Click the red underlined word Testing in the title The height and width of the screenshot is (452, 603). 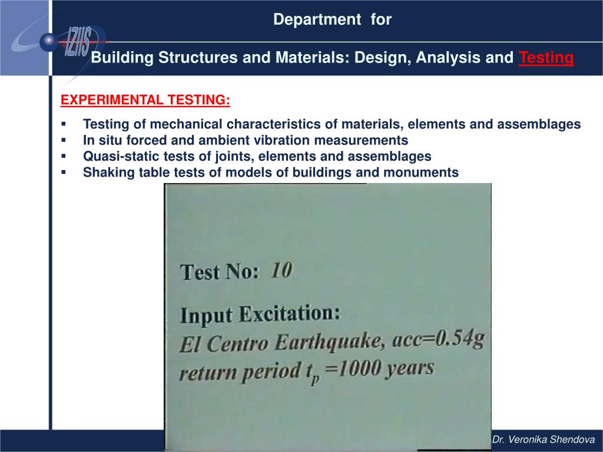pyautogui.click(x=546, y=58)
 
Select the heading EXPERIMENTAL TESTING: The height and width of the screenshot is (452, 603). pyautogui.click(x=145, y=100)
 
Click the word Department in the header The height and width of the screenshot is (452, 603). pyautogui.click(x=317, y=20)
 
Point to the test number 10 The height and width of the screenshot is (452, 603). pyautogui.click(x=281, y=270)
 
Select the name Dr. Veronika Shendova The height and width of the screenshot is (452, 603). pyautogui.click(x=544, y=440)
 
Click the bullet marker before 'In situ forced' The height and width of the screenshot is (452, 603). pyautogui.click(x=64, y=140)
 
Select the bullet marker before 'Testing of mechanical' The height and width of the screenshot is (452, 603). pyautogui.click(x=64, y=124)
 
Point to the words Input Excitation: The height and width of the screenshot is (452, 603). pyautogui.click(x=260, y=314)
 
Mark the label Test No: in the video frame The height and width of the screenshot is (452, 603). pyautogui.click(x=219, y=272)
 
